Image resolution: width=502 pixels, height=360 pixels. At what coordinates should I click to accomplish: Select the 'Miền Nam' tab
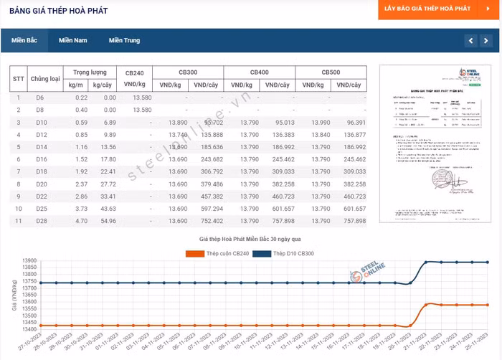point(73,40)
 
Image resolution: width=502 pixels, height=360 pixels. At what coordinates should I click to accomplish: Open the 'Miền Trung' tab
point(124,40)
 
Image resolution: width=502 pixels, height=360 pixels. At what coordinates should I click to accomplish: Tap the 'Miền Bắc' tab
point(24,40)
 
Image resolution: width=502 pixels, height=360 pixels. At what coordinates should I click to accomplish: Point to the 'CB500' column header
point(331,72)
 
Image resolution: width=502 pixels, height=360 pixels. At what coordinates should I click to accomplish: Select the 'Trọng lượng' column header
point(90,72)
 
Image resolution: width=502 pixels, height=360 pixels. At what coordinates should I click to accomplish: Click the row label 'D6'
point(40,98)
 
